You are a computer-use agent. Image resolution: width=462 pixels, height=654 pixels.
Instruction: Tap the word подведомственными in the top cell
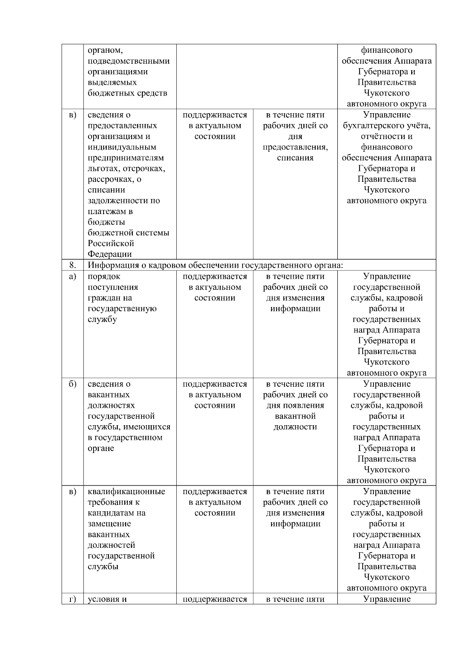pyautogui.click(x=129, y=61)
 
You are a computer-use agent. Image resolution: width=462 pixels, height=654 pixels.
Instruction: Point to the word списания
pyautogui.click(x=295, y=158)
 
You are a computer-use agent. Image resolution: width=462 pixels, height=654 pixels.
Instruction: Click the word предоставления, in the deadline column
pyautogui.click(x=295, y=147)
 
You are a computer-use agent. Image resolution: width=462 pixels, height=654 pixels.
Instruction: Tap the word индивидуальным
pyautogui.click(x=122, y=147)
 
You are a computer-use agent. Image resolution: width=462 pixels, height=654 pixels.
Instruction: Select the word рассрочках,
pyautogui.click(x=111, y=179)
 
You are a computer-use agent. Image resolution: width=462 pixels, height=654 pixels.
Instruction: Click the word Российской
pyautogui.click(x=111, y=243)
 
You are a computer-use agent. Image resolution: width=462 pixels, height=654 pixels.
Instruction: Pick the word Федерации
pyautogui.click(x=109, y=254)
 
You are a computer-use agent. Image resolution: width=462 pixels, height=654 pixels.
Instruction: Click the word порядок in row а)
pyautogui.click(x=104, y=277)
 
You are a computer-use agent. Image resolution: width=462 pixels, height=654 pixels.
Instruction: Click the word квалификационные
pyautogui.click(x=126, y=492)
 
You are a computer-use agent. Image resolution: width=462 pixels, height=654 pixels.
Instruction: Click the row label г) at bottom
pyautogui.click(x=72, y=599)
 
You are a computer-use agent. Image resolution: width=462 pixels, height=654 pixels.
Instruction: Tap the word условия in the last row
pyautogui.click(x=104, y=599)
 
